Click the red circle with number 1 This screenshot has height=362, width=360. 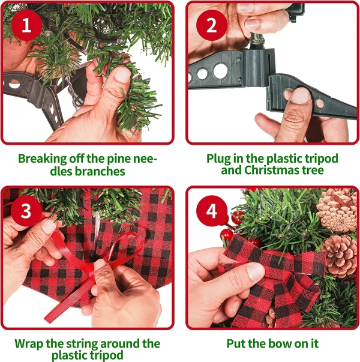(26, 25)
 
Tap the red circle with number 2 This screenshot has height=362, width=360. (212, 25)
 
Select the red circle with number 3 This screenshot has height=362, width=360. (26, 211)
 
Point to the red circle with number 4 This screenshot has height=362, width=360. (212, 211)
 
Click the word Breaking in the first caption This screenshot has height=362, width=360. (43, 158)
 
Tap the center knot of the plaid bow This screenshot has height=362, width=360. (285, 265)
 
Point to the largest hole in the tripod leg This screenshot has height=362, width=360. (221, 71)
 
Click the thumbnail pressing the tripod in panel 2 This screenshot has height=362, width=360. (301, 95)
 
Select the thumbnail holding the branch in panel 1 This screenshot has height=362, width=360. (123, 76)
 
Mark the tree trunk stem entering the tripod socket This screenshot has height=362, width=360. (257, 41)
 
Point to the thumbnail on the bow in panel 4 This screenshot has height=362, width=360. (256, 271)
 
